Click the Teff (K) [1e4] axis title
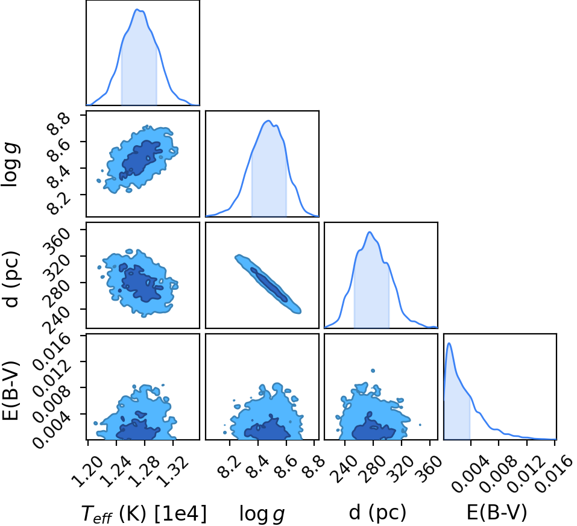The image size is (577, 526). point(144,513)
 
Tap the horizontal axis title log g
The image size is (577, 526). point(262,513)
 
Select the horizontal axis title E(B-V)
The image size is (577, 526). point(496,512)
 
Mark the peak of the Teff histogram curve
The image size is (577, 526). point(137,10)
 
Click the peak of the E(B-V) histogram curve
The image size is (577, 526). point(449,343)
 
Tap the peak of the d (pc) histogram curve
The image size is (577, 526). point(370,232)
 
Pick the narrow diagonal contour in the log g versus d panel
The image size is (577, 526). point(268,284)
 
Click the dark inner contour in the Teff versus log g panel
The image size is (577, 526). point(142,158)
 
